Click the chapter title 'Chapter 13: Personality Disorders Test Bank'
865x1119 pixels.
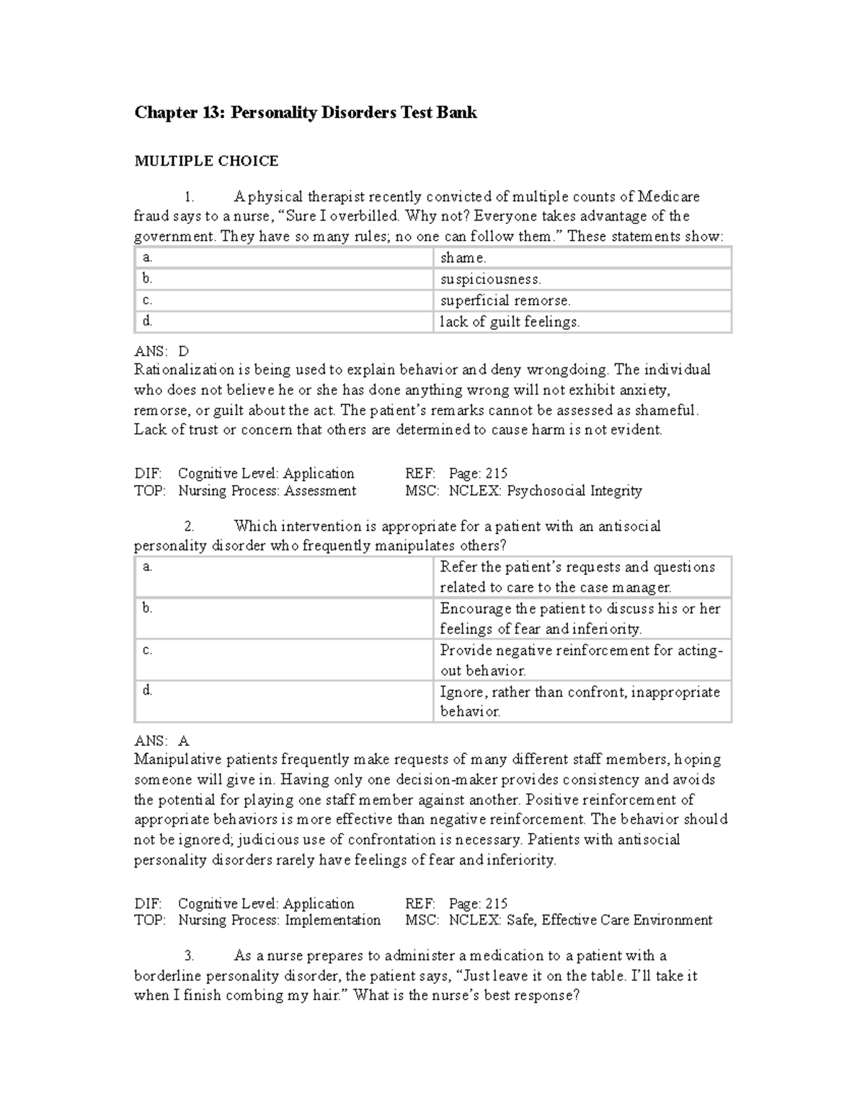pos(306,113)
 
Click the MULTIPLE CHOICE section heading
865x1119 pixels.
pos(206,161)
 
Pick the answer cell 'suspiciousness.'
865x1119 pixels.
pos(490,279)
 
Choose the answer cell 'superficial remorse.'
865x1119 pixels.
pos(505,300)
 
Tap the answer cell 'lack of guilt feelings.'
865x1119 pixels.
pos(510,322)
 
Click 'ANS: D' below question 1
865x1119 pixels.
pos(161,352)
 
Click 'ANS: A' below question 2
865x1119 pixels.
pos(161,741)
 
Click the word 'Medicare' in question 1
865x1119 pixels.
pos(668,197)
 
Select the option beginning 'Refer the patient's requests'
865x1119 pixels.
pos(577,577)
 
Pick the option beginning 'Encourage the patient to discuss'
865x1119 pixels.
pos(580,618)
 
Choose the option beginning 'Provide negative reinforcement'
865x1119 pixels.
pos(580,660)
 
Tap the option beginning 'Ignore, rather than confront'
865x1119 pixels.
pos(580,701)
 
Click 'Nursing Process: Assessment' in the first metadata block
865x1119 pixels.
pos(267,491)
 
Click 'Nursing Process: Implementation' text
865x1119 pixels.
pos(279,921)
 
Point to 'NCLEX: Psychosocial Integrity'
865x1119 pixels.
pos(545,491)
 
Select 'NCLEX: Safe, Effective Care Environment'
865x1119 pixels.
pos(580,921)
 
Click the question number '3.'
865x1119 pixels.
pos(190,956)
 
